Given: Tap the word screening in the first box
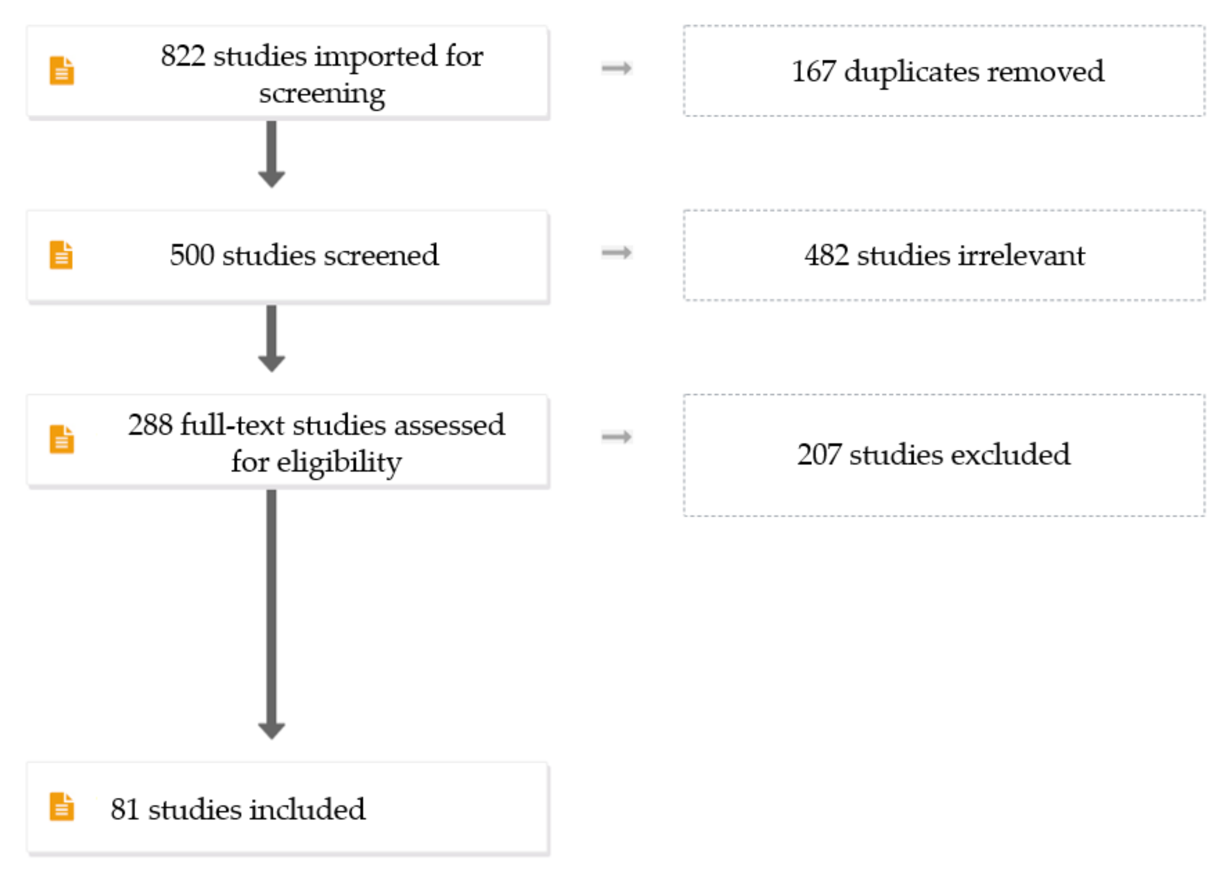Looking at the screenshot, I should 321,93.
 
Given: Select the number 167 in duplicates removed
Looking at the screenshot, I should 813,71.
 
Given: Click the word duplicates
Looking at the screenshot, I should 911,72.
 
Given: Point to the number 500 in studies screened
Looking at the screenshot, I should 192,255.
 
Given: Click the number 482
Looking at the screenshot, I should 826,255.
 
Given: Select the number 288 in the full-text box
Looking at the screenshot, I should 150,425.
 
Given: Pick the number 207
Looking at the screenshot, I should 819,454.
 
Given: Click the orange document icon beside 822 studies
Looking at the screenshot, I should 62,70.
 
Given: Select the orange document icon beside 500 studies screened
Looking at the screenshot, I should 62,255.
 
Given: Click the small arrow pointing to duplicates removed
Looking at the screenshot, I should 616,68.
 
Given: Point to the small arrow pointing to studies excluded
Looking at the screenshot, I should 616,436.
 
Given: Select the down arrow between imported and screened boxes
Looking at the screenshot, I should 271,154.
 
